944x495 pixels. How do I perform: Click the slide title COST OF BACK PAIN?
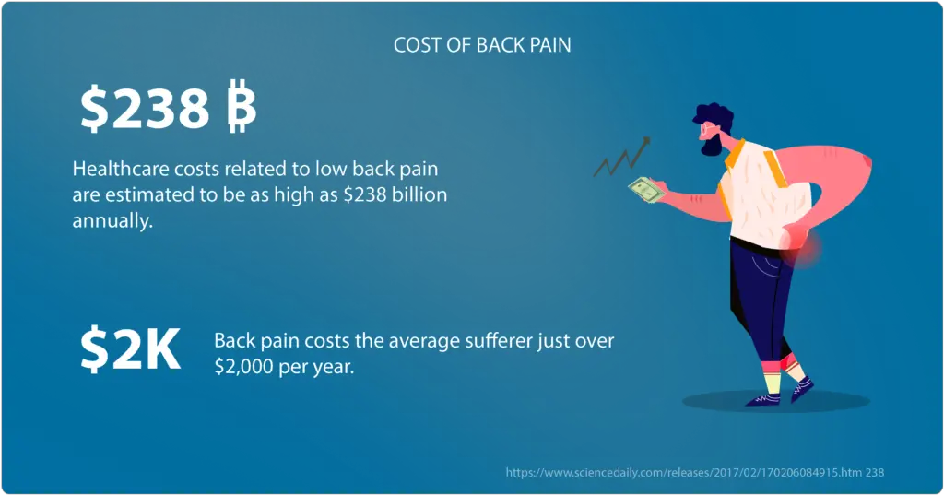482,45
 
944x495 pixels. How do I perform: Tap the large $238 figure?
145,109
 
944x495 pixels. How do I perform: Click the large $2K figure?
130,349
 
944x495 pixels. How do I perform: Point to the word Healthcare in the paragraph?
121,169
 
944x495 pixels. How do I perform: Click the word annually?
112,221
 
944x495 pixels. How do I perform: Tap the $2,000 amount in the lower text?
243,367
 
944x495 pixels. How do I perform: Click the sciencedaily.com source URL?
683,473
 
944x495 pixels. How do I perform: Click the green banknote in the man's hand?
646,190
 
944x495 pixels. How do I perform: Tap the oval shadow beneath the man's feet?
775,401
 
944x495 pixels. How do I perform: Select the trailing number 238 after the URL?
875,473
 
